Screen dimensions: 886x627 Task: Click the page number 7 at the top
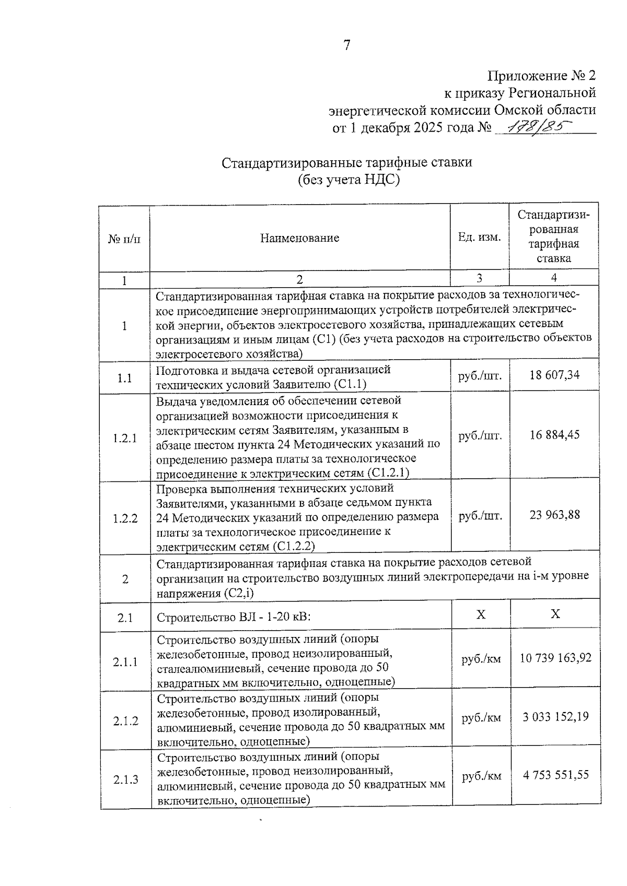pos(346,45)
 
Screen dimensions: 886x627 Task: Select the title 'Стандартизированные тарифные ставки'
pos(347,162)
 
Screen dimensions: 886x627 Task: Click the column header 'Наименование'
pos(299,238)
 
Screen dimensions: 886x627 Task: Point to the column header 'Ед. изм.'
pos(479,237)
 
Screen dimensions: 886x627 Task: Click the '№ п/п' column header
pos(124,239)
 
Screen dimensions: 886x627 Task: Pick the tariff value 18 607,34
pos(554,375)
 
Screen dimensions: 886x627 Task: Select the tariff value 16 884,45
pos(554,434)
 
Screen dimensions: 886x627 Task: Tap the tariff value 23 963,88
pos(554,515)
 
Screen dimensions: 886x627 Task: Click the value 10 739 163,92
pos(555,658)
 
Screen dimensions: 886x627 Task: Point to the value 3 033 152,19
pos(555,717)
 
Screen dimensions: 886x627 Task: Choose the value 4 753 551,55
pos(556,775)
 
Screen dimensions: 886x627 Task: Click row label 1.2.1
pos(125,438)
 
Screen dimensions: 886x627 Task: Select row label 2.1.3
pos(125,779)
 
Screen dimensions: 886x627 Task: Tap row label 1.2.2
pos(125,518)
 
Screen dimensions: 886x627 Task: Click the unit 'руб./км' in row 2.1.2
pos(481,718)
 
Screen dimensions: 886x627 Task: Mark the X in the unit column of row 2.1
pos(481,615)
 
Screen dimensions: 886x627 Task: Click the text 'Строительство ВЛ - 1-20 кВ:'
pos(234,618)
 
